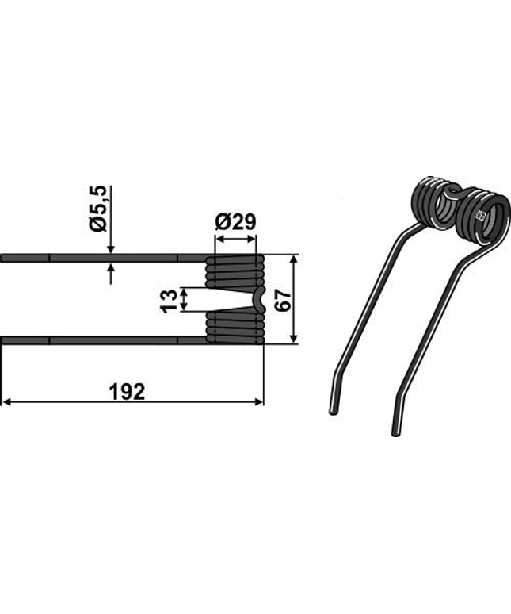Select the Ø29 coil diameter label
[x=235, y=221]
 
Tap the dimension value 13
[x=168, y=300]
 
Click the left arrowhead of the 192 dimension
[x=6, y=402]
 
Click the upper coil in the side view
[x=235, y=271]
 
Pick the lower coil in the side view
[x=235, y=327]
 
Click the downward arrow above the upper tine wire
[x=110, y=248]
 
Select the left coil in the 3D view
[x=437, y=204]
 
